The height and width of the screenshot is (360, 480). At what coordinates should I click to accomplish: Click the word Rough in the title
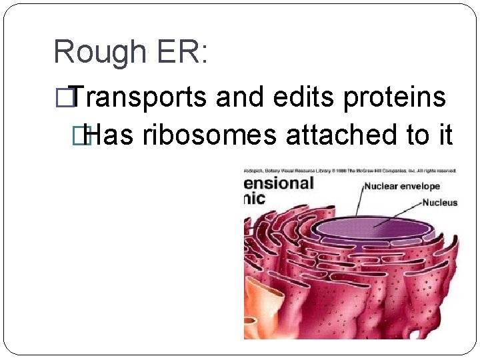[99, 52]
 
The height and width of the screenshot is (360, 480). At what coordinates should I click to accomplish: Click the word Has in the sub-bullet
[110, 135]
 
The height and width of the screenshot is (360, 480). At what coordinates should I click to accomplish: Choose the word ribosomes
[209, 135]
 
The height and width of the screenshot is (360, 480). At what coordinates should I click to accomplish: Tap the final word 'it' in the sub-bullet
[445, 135]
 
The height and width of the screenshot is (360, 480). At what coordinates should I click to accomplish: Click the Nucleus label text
[440, 202]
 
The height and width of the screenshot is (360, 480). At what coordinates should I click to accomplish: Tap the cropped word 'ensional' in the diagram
[279, 183]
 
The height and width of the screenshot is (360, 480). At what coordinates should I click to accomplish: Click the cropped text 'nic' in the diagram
[255, 199]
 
